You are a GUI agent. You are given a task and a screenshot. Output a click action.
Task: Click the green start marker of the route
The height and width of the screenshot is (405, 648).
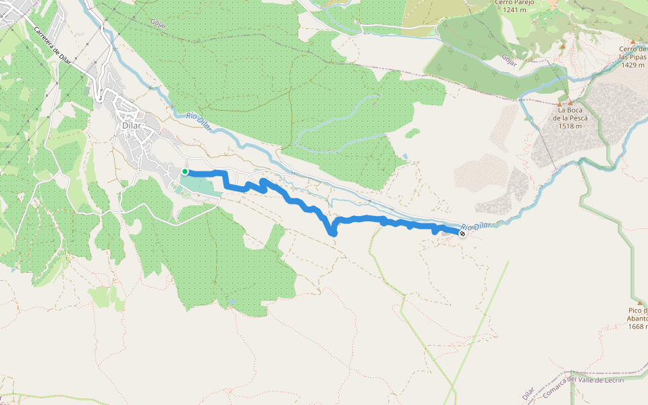tap(185, 171)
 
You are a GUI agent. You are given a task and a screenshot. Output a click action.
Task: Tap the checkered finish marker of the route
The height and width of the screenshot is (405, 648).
tap(462, 234)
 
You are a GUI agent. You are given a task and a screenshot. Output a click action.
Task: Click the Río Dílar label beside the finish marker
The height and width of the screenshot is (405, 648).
tap(476, 226)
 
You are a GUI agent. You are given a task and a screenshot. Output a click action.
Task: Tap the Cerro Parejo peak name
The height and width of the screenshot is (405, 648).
tap(514, 3)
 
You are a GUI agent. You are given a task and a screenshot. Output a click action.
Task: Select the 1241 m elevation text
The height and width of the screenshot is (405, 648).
tap(514, 10)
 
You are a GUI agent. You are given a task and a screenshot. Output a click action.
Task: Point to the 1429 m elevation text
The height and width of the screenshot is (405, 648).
tap(633, 65)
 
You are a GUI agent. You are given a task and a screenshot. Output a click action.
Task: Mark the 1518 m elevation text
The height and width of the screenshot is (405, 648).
tap(570, 126)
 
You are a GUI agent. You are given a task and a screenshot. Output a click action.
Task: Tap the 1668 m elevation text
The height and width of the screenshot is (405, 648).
tap(637, 327)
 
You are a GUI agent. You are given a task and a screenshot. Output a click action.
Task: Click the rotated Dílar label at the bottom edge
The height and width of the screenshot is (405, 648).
tap(529, 394)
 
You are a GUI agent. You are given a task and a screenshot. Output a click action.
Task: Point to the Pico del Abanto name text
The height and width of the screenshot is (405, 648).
tap(637, 315)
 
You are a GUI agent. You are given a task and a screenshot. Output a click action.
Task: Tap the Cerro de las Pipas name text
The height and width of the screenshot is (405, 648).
tap(633, 53)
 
